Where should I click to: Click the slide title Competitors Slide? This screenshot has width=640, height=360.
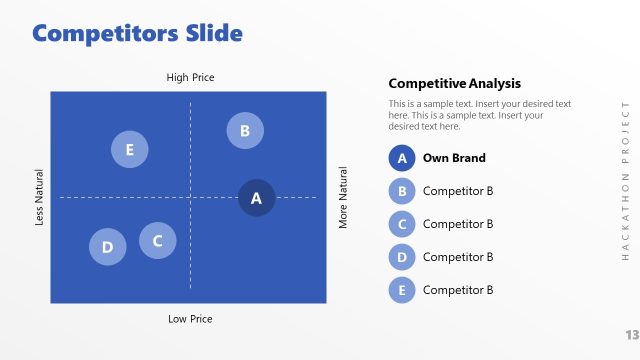click(137, 33)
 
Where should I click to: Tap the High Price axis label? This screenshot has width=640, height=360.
click(190, 77)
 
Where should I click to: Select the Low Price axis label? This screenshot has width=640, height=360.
click(190, 319)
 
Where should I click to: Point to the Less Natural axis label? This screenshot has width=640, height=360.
click(40, 196)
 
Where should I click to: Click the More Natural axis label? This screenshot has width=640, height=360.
click(343, 197)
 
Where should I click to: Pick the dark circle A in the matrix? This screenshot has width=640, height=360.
click(256, 198)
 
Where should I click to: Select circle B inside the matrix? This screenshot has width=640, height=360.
click(245, 130)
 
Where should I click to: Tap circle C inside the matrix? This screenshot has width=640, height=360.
click(157, 240)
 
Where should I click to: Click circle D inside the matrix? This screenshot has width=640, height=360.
click(107, 247)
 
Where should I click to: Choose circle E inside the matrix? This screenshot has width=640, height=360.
click(129, 150)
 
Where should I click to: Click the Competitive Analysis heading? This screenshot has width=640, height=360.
click(454, 84)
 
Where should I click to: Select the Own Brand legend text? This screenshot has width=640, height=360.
click(454, 158)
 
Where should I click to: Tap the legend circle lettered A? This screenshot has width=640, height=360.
click(401, 158)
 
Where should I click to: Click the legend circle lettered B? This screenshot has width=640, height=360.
click(401, 191)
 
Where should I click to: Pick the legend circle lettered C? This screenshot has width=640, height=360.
click(401, 224)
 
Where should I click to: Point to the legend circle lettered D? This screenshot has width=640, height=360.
click(401, 257)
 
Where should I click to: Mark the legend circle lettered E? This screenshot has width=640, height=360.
click(401, 290)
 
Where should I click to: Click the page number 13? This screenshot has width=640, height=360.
click(631, 334)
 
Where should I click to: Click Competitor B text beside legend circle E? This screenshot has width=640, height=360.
click(458, 290)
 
